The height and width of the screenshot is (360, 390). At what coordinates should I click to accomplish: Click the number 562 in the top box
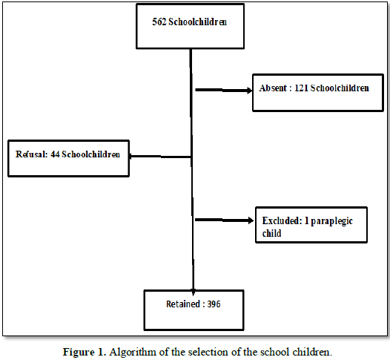pyautogui.click(x=159, y=22)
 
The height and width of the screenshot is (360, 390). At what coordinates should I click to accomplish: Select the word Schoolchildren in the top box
pyautogui.click(x=198, y=22)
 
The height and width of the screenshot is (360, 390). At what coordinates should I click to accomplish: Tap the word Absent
pyautogui.click(x=273, y=88)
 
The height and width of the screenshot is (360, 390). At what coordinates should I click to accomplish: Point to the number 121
pyautogui.click(x=301, y=88)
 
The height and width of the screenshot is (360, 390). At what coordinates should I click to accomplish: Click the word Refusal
pyautogui.click(x=31, y=154)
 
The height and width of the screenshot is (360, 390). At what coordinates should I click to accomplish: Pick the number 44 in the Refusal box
pyautogui.click(x=55, y=154)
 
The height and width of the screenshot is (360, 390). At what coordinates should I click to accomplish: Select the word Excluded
pyautogui.click(x=282, y=220)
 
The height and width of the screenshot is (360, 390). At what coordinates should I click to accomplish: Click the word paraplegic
pyautogui.click(x=332, y=221)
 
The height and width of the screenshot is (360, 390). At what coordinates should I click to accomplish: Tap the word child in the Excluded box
pyautogui.click(x=271, y=233)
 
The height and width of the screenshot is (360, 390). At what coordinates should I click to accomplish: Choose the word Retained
pyautogui.click(x=183, y=304)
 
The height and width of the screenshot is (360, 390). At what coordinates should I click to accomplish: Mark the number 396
pyautogui.click(x=214, y=304)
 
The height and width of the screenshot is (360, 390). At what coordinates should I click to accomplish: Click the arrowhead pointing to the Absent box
pyautogui.click(x=249, y=91)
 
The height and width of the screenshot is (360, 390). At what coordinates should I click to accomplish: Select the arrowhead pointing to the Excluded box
pyautogui.click(x=251, y=220)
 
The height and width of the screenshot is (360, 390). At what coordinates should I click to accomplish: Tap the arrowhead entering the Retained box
pyautogui.click(x=194, y=292)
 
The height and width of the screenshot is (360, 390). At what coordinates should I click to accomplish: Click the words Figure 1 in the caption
pyautogui.click(x=85, y=352)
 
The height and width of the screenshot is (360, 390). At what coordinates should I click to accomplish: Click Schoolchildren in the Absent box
pyautogui.click(x=340, y=88)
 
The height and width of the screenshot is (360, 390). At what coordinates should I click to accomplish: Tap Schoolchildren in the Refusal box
pyautogui.click(x=91, y=154)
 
